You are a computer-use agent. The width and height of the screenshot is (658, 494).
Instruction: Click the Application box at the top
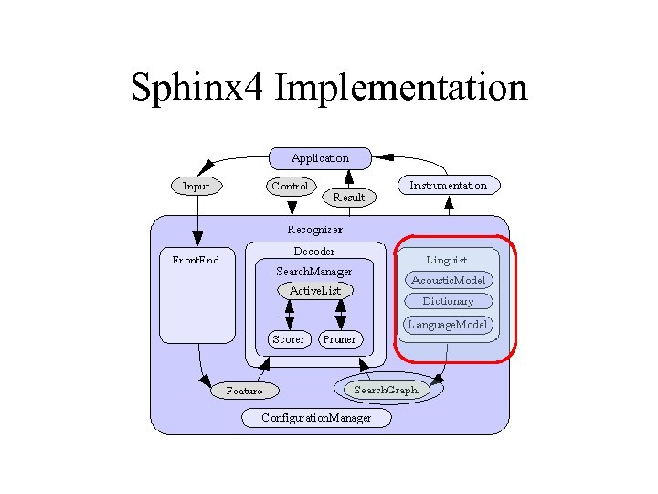click(320, 158)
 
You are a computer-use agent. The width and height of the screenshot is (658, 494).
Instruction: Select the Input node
click(196, 186)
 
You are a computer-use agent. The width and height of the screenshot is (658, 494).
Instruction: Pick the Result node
click(348, 197)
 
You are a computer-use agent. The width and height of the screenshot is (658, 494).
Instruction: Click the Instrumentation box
click(448, 185)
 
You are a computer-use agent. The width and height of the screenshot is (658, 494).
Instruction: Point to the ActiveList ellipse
click(314, 291)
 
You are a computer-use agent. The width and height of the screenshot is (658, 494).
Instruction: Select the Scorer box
click(289, 339)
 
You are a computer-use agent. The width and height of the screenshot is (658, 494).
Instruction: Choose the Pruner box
click(340, 339)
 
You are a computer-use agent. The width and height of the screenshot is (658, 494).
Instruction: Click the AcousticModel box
click(449, 280)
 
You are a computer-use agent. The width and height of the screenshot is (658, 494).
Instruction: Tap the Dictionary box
click(449, 301)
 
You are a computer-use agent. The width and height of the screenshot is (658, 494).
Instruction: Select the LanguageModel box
click(449, 324)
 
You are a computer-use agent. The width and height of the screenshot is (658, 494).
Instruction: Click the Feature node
click(244, 391)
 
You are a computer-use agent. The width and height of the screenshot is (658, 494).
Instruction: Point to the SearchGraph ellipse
click(386, 389)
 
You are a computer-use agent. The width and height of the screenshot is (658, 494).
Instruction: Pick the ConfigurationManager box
click(316, 418)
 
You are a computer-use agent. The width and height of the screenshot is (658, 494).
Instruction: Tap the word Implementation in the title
click(400, 88)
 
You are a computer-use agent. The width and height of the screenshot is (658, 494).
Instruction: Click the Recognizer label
click(315, 229)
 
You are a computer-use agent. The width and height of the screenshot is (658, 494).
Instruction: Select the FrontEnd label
click(196, 261)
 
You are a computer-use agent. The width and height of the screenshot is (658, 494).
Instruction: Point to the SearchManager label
click(313, 271)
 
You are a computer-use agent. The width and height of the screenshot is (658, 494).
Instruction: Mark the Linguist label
click(447, 261)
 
